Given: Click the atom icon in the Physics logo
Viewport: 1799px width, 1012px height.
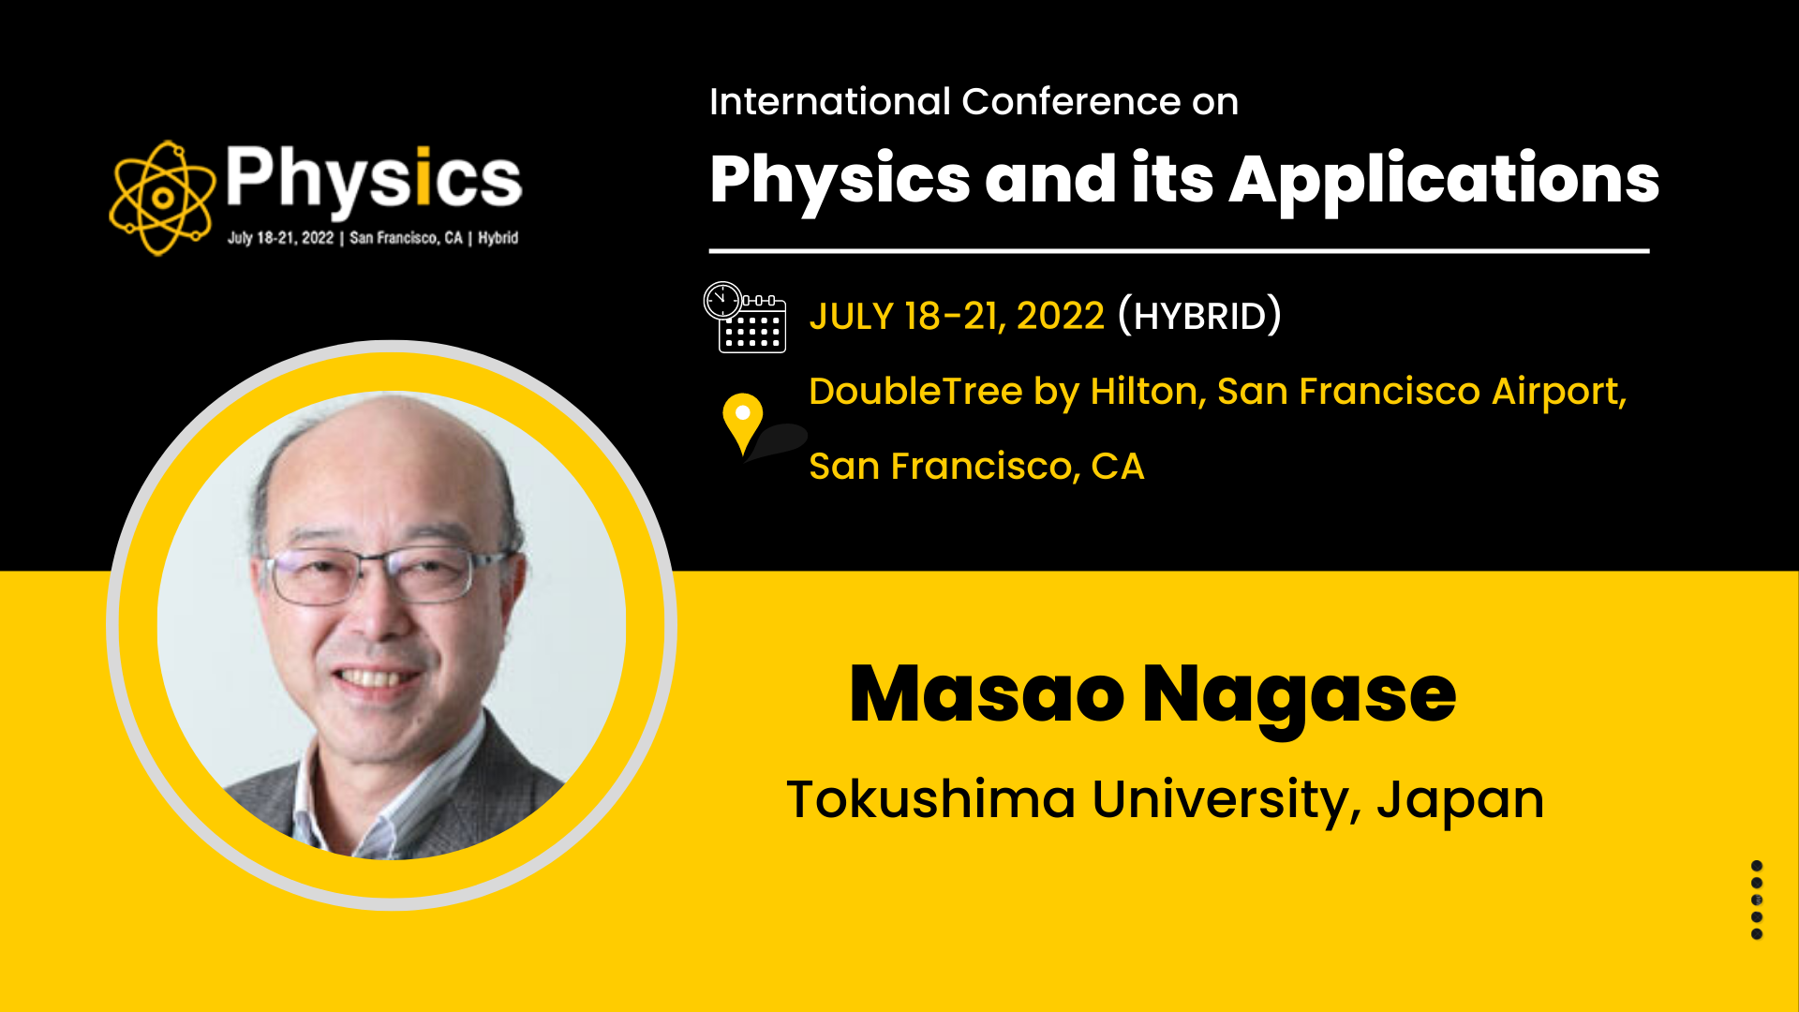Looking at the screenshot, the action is coord(161,198).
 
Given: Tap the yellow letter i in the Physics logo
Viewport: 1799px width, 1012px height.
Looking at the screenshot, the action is coord(423,175).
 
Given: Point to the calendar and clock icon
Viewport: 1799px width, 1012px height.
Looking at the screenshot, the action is coord(745,317).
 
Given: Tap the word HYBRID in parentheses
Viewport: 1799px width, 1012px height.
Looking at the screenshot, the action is coord(1199,317).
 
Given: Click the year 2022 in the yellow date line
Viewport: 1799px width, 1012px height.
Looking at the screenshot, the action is coord(1061,317).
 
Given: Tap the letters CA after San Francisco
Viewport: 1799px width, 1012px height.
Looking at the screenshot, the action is coord(1118,467).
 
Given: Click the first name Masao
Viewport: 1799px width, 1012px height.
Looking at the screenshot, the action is coord(987,694).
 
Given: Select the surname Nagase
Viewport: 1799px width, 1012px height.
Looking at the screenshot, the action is coord(1300,699).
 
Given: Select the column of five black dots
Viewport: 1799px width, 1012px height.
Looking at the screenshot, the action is coord(1757,900).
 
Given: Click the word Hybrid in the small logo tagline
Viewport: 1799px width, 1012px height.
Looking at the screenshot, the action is coord(498,238).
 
